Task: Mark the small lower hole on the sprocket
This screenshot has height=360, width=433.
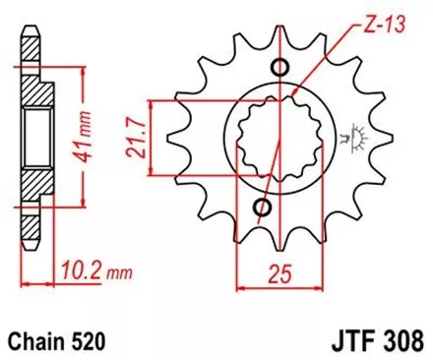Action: (x=264, y=208)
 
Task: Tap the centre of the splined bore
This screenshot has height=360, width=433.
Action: (x=271, y=138)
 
